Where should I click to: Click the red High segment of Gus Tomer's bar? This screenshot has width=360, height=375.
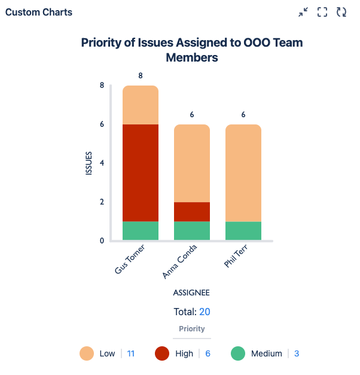click(x=141, y=172)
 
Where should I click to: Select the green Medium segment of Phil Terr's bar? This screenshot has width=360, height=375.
click(x=243, y=231)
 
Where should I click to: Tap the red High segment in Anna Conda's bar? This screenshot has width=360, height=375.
click(x=192, y=212)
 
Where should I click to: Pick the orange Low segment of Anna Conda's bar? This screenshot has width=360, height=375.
click(x=192, y=163)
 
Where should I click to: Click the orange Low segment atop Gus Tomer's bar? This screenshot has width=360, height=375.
click(x=141, y=105)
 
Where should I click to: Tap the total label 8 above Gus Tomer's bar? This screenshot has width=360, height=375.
click(x=141, y=76)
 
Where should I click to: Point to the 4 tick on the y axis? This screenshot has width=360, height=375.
click(x=102, y=163)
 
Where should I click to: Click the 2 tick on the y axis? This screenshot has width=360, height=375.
click(x=102, y=202)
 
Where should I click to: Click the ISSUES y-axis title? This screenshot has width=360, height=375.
click(x=89, y=163)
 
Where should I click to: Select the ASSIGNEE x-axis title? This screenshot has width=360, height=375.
click(x=191, y=293)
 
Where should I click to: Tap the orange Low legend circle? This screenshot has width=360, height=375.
click(x=87, y=353)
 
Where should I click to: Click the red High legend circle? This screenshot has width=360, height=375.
click(x=163, y=353)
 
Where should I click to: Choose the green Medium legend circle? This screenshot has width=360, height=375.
click(x=238, y=353)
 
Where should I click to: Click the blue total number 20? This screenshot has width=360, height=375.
click(x=205, y=312)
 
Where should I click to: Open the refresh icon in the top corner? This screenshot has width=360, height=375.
click(x=341, y=12)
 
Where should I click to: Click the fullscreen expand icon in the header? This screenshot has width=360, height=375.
click(x=322, y=12)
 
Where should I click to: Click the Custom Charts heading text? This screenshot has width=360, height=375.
click(x=39, y=12)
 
